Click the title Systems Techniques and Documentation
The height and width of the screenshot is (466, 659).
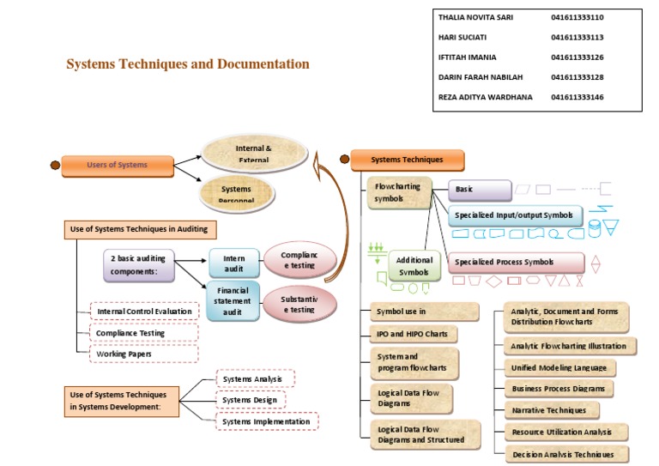[x=188, y=64]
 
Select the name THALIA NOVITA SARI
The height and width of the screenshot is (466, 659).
[x=475, y=17]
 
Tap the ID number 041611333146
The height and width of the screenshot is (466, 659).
[x=577, y=97]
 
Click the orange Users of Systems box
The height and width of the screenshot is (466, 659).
[x=117, y=165]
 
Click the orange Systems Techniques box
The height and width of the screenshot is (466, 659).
[x=408, y=160]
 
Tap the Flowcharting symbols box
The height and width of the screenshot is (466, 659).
[x=398, y=193]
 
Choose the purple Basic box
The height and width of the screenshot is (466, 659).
[x=479, y=190]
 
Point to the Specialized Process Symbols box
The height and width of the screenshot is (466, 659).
[x=516, y=263]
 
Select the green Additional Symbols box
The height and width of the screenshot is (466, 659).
[x=415, y=266]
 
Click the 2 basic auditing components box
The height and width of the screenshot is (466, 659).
[x=139, y=265]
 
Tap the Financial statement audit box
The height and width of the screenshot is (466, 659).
[x=233, y=301]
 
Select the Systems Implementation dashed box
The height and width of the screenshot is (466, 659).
[x=267, y=421]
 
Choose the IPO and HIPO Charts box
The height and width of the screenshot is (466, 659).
[x=412, y=334]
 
